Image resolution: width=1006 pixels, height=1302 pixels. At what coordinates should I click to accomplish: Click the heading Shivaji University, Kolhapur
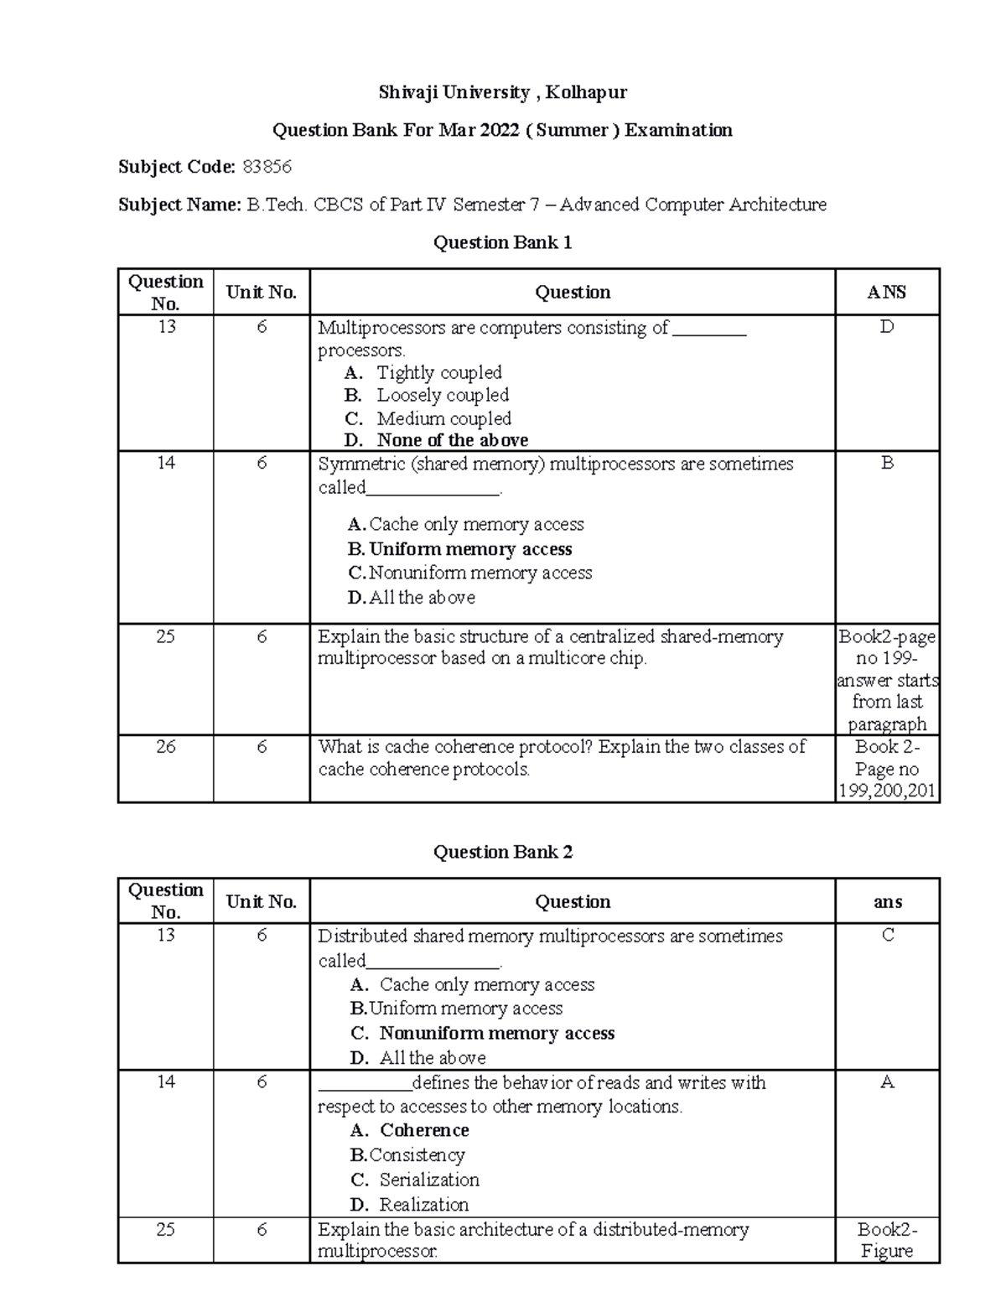502,92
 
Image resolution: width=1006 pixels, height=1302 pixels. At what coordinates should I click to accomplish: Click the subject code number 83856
267,167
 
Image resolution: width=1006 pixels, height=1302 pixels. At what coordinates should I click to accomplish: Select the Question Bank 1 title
502,242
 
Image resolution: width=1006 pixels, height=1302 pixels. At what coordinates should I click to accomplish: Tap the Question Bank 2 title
502,852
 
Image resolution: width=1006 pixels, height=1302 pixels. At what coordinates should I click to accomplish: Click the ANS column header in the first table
887,292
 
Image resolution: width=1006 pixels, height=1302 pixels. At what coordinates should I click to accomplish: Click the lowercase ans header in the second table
887,902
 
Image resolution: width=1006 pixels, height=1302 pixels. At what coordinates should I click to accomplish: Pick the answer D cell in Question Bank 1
887,327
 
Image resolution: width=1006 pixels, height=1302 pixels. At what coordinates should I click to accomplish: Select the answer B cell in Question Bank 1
887,463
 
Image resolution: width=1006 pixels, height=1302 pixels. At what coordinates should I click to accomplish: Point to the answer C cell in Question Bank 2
887,935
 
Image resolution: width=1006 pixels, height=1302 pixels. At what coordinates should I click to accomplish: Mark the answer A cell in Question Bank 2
887,1082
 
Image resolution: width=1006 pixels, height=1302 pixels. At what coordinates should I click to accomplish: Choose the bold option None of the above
452,440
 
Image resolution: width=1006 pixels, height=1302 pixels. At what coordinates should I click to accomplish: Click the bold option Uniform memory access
470,549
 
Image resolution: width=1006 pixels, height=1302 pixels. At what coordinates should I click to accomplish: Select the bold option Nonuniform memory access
496,1033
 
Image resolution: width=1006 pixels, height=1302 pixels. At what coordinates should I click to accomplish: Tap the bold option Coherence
424,1130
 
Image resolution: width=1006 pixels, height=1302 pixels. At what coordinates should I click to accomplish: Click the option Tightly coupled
438,372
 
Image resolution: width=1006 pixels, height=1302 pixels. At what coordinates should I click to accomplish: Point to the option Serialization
429,1180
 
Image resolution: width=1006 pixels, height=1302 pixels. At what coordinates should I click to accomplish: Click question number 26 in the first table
165,746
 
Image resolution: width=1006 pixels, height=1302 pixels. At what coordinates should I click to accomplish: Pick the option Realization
423,1205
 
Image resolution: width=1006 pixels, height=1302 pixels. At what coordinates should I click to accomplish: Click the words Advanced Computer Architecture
692,205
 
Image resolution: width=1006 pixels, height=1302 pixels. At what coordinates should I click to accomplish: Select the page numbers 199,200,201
887,791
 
